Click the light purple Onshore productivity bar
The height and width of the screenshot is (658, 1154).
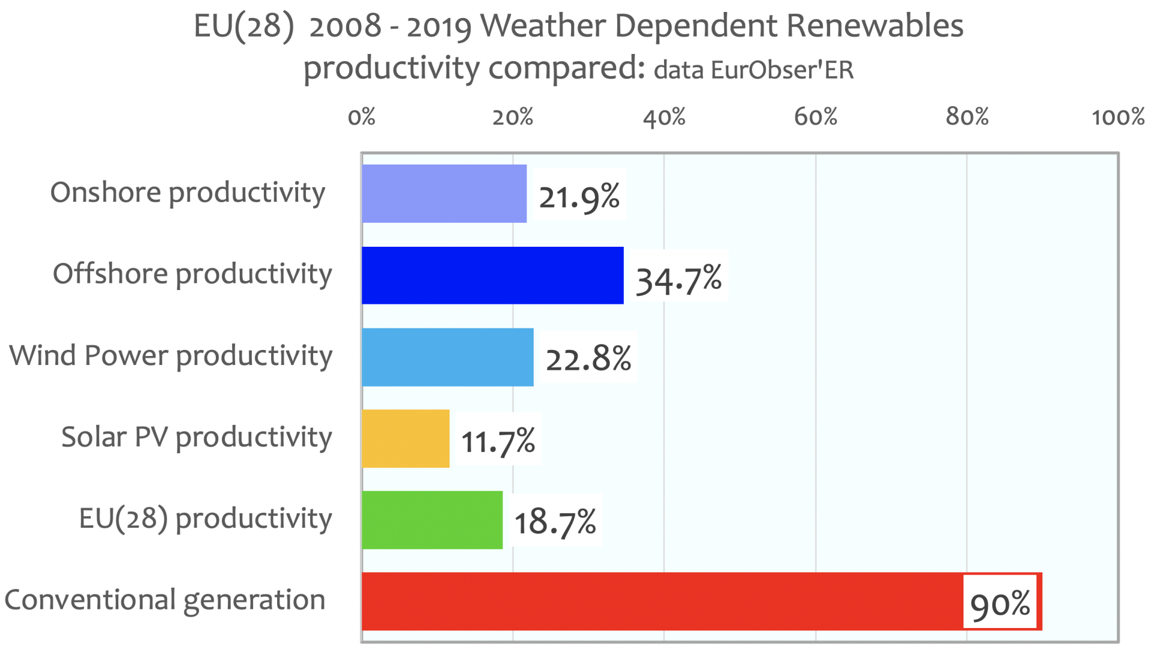444,194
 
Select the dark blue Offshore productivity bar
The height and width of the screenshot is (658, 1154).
492,276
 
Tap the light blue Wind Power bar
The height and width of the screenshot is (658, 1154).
447,357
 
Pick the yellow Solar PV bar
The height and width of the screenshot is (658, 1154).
406,439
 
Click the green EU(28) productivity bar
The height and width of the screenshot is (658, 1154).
432,520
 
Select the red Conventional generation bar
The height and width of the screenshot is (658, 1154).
661,602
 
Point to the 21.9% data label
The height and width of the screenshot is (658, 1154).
579,196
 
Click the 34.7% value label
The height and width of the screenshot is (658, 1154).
679,279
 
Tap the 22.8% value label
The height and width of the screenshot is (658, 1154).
588,358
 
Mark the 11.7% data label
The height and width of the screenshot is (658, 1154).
498,441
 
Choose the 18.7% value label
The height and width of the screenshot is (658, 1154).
555,521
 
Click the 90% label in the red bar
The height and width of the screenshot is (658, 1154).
1000,603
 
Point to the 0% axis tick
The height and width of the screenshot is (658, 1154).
361,116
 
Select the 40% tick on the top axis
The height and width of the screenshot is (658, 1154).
664,116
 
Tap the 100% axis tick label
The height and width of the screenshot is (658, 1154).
1118,116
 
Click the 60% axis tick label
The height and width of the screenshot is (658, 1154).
816,116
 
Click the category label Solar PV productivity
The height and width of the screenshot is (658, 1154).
197,437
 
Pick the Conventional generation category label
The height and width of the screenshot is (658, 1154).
165,600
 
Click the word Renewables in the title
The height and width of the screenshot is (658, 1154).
875,26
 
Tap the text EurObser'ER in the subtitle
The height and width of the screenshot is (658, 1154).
782,70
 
